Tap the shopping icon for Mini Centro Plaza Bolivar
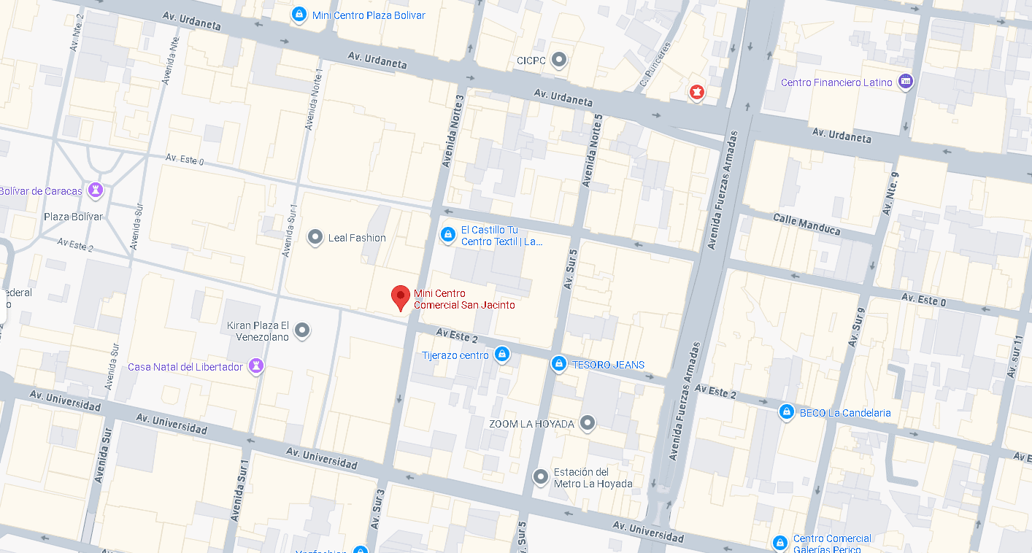point(299,15)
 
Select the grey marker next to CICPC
point(559,59)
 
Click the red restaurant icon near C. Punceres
point(697,92)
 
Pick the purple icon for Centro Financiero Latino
point(906,82)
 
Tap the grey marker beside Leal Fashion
point(315,237)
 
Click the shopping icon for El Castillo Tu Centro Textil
point(448,235)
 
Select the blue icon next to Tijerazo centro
point(501,355)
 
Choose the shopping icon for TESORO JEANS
point(558,363)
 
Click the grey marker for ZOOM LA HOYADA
point(587,422)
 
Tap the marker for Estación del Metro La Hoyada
point(540,477)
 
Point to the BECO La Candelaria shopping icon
point(786,411)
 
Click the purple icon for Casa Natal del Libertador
point(255,366)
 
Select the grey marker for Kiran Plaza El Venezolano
point(301,330)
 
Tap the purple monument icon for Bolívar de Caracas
point(95,190)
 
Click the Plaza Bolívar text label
point(73,217)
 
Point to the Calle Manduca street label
point(806,225)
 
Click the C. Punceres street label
point(654,65)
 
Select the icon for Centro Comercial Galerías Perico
point(780,543)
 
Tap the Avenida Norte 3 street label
point(453,131)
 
